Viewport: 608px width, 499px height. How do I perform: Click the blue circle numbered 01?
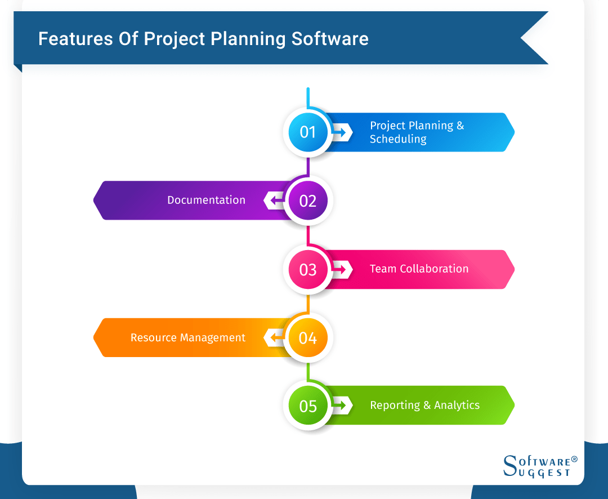308,132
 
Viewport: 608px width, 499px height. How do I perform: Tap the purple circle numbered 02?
308,201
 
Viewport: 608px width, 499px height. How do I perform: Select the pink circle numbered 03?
308,270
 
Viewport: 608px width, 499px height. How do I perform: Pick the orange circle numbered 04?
308,338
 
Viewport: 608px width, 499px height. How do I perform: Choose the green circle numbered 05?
308,406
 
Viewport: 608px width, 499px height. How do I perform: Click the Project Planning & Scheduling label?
417,132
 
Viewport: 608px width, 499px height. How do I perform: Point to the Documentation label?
206,200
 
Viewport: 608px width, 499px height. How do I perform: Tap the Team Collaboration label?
419,269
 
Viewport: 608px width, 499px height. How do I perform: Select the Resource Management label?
188,337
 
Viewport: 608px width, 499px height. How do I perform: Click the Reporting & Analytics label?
424,405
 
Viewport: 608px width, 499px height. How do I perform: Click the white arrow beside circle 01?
342,132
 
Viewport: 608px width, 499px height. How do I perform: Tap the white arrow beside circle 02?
274,200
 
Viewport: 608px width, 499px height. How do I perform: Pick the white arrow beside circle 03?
342,269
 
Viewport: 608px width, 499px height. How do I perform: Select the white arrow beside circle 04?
274,338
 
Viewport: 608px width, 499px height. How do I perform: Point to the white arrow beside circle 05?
342,406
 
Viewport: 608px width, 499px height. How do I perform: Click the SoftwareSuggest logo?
539,466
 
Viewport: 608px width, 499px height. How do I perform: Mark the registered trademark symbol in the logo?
574,460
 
